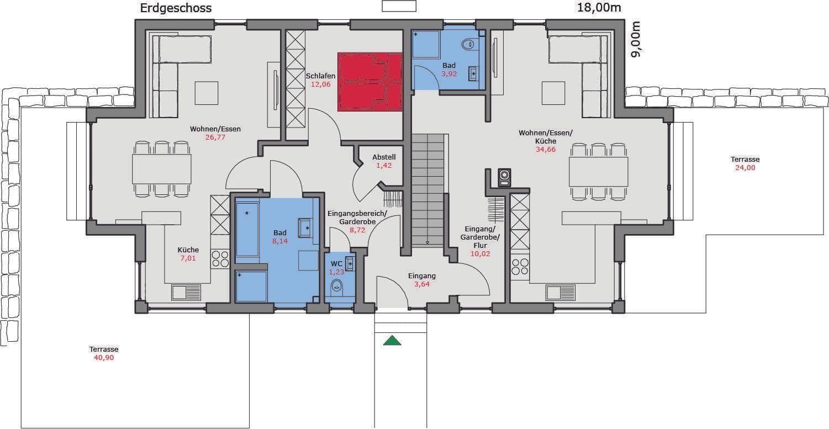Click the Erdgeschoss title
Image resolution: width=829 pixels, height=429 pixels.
[x=176, y=8]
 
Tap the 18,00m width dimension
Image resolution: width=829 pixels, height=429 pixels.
[x=599, y=7]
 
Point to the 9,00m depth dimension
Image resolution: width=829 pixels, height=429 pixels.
[x=636, y=39]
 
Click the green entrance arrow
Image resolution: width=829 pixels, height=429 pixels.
[x=392, y=340]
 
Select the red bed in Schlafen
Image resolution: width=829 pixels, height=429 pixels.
[x=369, y=82]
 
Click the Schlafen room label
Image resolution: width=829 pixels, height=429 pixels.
[x=320, y=76]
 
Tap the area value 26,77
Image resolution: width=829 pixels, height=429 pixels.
[x=215, y=137]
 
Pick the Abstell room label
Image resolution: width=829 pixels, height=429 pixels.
[x=384, y=157]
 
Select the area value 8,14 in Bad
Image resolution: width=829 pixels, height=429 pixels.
[x=280, y=241]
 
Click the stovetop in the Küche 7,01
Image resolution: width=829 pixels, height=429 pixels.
[x=220, y=258]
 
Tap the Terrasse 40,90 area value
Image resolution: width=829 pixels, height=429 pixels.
[x=104, y=358]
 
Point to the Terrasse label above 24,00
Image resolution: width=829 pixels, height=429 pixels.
[x=745, y=160]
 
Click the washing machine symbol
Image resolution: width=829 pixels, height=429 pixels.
[x=504, y=178]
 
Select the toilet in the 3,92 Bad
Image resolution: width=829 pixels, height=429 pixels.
[x=468, y=44]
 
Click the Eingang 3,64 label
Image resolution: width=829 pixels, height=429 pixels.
[x=422, y=276]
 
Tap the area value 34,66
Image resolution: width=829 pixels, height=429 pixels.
[x=546, y=150]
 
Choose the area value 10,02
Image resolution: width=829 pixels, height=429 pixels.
[x=480, y=254]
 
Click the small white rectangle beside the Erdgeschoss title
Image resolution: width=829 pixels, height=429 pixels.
[x=399, y=6]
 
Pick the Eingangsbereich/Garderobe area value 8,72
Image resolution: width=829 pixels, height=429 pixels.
[x=357, y=230]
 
